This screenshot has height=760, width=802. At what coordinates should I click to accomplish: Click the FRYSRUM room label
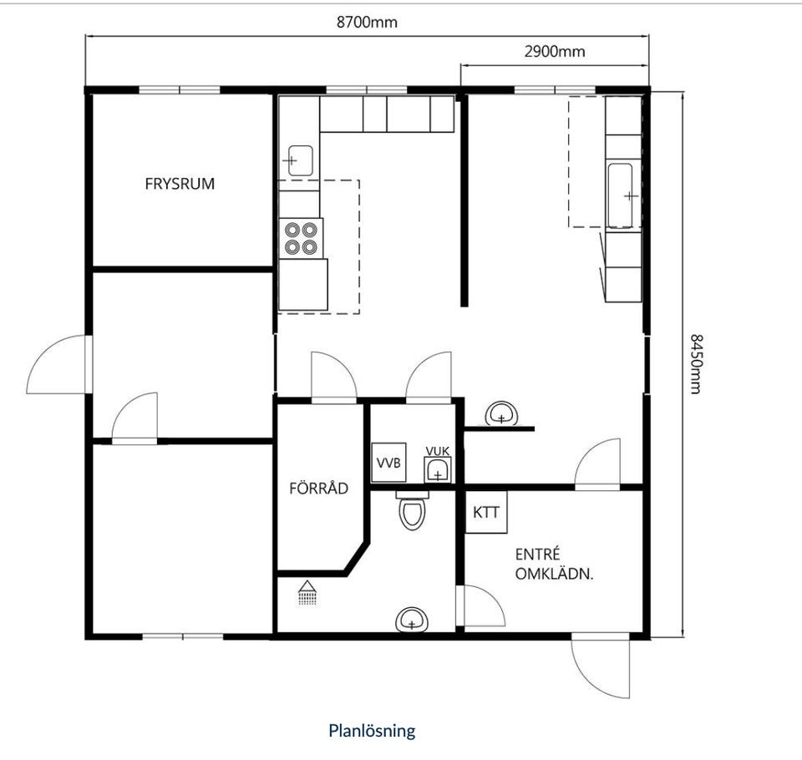click(x=180, y=184)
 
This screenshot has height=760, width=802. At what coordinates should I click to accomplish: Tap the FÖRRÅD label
click(x=318, y=488)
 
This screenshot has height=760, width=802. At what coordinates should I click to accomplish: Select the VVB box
click(x=388, y=463)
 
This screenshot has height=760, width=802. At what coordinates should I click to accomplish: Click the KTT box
click(x=486, y=512)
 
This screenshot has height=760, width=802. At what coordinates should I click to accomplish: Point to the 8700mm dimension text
click(x=367, y=22)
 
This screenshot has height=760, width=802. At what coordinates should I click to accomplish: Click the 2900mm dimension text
click(x=555, y=51)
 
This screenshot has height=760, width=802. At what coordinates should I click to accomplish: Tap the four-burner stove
click(x=301, y=239)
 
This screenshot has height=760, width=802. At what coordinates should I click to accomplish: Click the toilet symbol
click(x=412, y=511)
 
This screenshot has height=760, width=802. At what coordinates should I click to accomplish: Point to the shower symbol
click(x=307, y=593)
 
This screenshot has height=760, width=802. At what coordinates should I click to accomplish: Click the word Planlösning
click(x=372, y=730)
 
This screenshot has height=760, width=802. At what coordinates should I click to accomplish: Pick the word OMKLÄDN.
click(x=554, y=574)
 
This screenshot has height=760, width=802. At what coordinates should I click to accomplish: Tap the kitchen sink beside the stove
click(x=300, y=160)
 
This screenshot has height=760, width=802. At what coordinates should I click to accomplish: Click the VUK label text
click(x=437, y=451)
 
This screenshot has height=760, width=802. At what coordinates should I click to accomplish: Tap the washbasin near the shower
click(x=412, y=620)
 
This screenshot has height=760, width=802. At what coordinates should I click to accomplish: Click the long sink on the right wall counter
click(x=621, y=195)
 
